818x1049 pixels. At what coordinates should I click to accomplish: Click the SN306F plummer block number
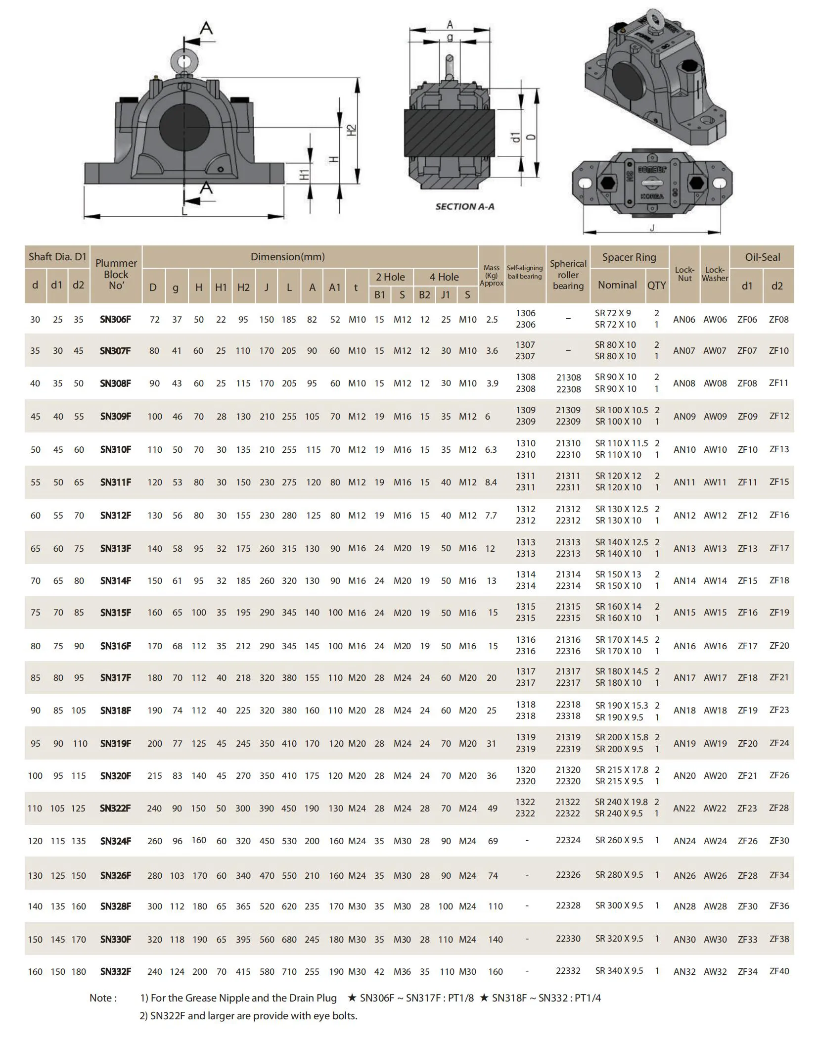coord(115,319)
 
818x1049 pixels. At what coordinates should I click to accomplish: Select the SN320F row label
coord(115,776)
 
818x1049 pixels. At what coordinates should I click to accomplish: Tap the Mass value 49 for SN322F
coord(492,808)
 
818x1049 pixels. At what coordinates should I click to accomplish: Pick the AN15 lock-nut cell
coord(684,613)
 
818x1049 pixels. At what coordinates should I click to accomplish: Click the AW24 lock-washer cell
coord(715,841)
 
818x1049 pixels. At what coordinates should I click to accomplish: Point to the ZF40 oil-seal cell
coord(779,971)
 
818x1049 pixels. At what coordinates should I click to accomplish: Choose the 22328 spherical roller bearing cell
coord(568,905)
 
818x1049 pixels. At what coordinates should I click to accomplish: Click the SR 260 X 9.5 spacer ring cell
coord(619,840)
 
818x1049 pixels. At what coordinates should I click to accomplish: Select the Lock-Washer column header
coord(715,274)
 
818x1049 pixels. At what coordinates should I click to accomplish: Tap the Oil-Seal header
coord(762,257)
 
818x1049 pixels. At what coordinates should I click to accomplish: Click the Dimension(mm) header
coord(287,257)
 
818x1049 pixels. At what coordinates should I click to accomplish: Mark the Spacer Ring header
coord(629,257)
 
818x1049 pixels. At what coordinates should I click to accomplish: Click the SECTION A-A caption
coord(464,207)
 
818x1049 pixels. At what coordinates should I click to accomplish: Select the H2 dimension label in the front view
coord(351,131)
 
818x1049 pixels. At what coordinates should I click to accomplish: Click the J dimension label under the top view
coord(652,228)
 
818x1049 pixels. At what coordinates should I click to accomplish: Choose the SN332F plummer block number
coord(115,971)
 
